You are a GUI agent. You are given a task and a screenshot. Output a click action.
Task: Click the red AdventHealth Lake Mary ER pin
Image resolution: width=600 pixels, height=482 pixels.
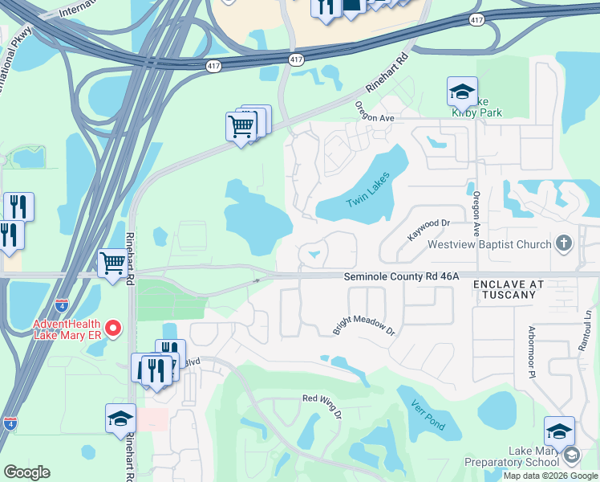click(x=113, y=329)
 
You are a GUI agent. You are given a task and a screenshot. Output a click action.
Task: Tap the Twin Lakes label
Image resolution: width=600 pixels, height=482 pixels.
click(x=367, y=190)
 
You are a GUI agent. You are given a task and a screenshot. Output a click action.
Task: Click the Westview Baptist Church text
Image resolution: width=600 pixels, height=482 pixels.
click(x=489, y=244)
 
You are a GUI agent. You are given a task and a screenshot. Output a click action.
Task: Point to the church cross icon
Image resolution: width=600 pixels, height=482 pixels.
click(x=565, y=243)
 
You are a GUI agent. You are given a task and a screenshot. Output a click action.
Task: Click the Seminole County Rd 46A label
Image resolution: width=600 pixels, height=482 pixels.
click(x=401, y=276)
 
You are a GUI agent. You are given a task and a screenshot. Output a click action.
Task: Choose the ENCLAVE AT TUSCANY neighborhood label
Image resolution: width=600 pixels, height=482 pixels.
click(x=509, y=290)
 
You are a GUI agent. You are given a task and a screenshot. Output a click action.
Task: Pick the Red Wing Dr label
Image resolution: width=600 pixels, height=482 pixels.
click(x=323, y=404)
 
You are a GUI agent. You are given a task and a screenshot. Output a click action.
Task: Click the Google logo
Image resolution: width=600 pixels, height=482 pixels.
click(x=26, y=472)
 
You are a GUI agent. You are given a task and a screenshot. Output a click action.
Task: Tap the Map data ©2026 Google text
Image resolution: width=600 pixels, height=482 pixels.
click(x=549, y=476)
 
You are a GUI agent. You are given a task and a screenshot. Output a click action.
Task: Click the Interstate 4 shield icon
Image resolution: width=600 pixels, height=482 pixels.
click(x=10, y=423)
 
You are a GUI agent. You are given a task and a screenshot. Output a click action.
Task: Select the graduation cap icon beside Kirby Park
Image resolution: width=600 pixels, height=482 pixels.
click(x=462, y=91)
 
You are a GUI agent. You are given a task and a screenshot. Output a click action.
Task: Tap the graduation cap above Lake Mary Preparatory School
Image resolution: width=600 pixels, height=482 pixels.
click(x=559, y=431)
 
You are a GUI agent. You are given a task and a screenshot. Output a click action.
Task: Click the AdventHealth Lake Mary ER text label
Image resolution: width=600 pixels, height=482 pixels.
click(x=68, y=330)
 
